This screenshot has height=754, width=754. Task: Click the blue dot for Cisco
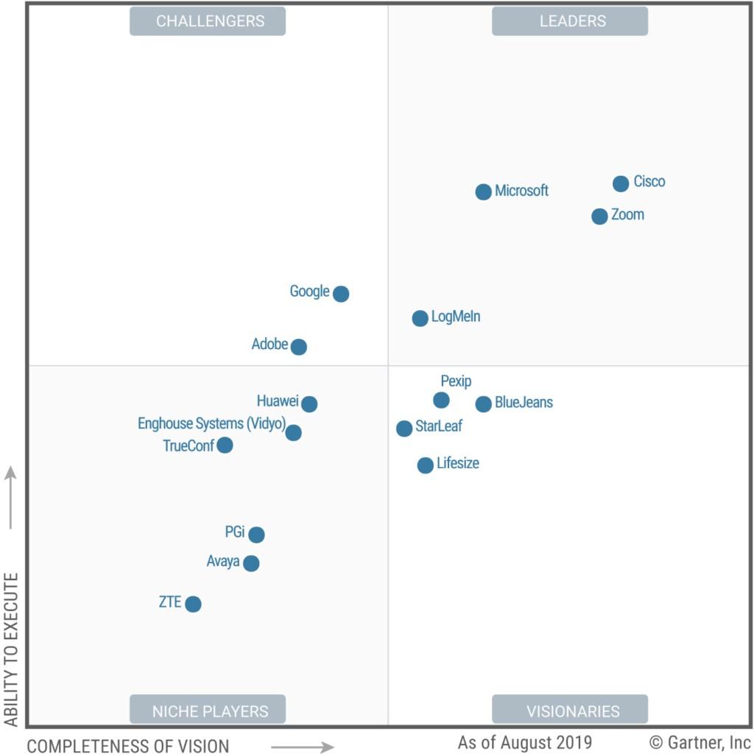(x=621, y=183)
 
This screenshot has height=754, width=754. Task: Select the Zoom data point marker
(x=599, y=216)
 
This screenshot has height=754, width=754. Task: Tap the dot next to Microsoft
(x=483, y=192)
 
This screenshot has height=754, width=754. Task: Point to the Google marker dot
(x=340, y=294)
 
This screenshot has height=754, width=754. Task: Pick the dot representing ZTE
(x=193, y=604)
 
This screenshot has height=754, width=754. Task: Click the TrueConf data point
(x=225, y=445)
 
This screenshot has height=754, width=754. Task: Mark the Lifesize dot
(x=425, y=465)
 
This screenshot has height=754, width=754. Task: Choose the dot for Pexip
(x=441, y=400)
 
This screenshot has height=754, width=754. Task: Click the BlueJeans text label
(x=524, y=403)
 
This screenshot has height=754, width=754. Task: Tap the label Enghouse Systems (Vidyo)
(x=211, y=424)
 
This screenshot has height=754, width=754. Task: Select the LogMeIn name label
(x=456, y=317)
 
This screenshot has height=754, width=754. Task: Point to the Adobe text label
(x=269, y=344)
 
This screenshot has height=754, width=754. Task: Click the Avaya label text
(x=223, y=562)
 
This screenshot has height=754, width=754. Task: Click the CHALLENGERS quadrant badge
(x=208, y=21)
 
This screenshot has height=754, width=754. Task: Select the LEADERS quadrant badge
(x=570, y=21)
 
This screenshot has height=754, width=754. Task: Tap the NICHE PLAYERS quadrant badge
(x=208, y=711)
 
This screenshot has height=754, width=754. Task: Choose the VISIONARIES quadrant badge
(x=570, y=711)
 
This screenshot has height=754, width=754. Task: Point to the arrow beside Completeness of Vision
(x=302, y=747)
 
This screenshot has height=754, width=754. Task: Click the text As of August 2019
(x=524, y=742)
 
